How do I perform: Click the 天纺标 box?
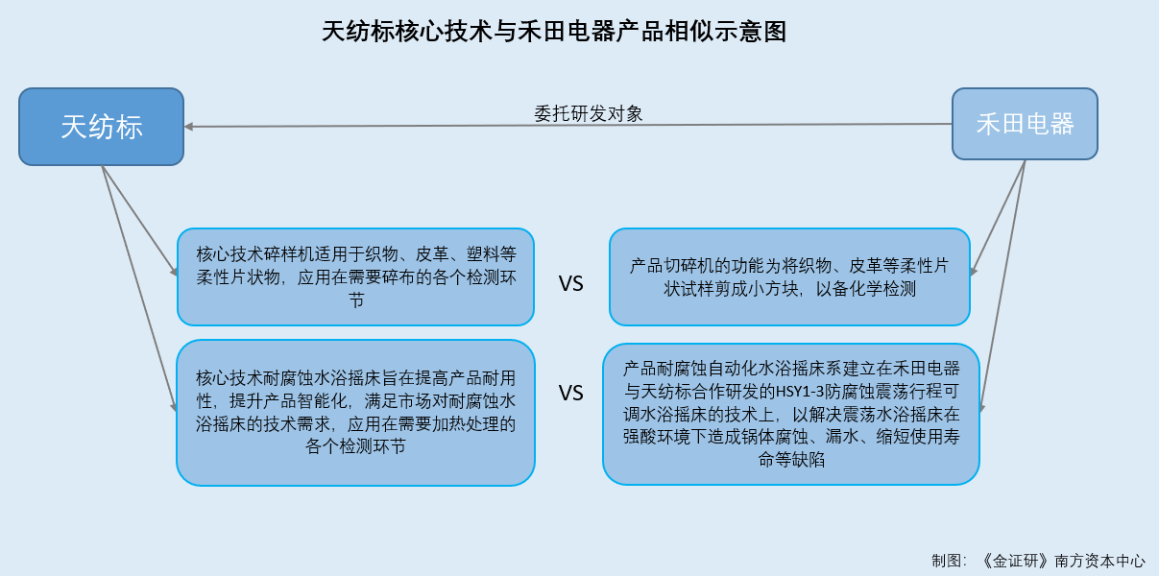pos(102,127)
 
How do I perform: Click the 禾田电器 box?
pos(1025,124)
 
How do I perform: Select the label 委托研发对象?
pos(589,113)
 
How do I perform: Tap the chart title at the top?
pos(554,32)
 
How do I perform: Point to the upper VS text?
pos(570,284)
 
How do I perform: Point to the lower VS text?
pos(570,394)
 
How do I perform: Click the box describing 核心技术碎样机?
pos(355,277)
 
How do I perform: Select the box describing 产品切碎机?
pos(789,277)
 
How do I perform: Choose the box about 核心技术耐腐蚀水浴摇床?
pos(355,413)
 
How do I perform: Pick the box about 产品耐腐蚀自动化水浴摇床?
pos(791,414)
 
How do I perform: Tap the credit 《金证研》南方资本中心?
pos(1063,561)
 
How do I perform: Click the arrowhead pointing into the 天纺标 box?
pos(189,127)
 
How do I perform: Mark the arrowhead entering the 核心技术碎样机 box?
pos(174,271)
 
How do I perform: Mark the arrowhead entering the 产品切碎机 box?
pos(974,272)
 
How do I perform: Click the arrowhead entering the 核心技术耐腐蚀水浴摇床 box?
pos(174,407)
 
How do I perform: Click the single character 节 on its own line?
pos(356,300)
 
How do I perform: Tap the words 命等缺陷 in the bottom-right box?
pos(791,459)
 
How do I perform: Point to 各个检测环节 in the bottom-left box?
pos(355,446)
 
